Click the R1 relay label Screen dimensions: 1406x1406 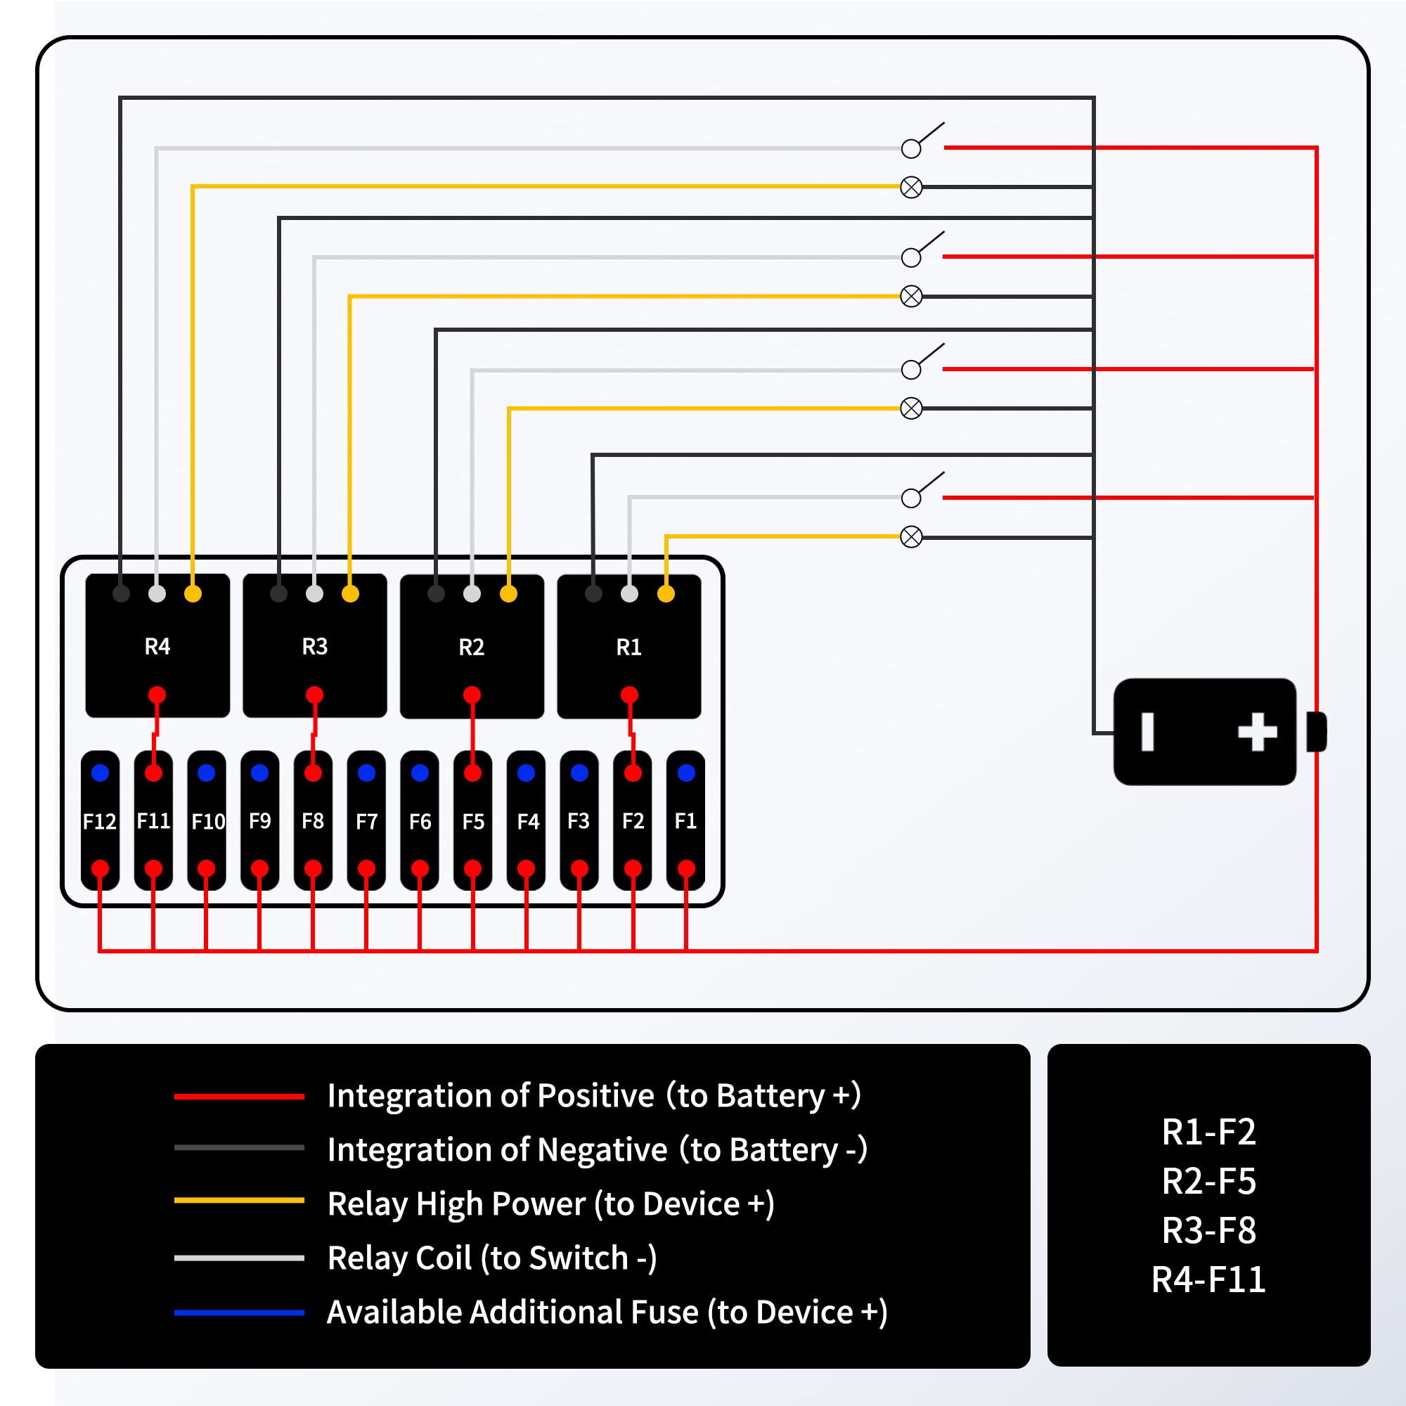[x=628, y=647]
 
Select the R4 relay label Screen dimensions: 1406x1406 [x=157, y=646]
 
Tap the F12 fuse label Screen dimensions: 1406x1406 [x=100, y=822]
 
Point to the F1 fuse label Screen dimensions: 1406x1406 [x=685, y=821]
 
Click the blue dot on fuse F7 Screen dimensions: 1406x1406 [x=367, y=773]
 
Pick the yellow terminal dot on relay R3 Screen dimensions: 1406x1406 [x=350, y=594]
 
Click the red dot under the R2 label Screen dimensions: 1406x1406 [x=472, y=695]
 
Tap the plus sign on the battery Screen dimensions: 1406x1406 [x=1258, y=732]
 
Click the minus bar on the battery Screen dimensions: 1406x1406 [x=1148, y=732]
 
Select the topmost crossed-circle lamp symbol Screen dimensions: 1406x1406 [x=911, y=187]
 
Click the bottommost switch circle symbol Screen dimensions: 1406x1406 [x=910, y=498]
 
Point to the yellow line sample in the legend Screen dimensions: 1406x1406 [x=239, y=1201]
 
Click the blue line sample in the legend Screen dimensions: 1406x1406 [x=239, y=1313]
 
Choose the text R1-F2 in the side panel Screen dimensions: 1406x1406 [x=1208, y=1133]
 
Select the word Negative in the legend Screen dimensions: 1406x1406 [x=602, y=1150]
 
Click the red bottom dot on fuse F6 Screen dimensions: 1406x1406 [x=420, y=868]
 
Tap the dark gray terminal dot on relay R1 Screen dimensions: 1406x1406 [x=593, y=594]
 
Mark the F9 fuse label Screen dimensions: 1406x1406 [x=260, y=821]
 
